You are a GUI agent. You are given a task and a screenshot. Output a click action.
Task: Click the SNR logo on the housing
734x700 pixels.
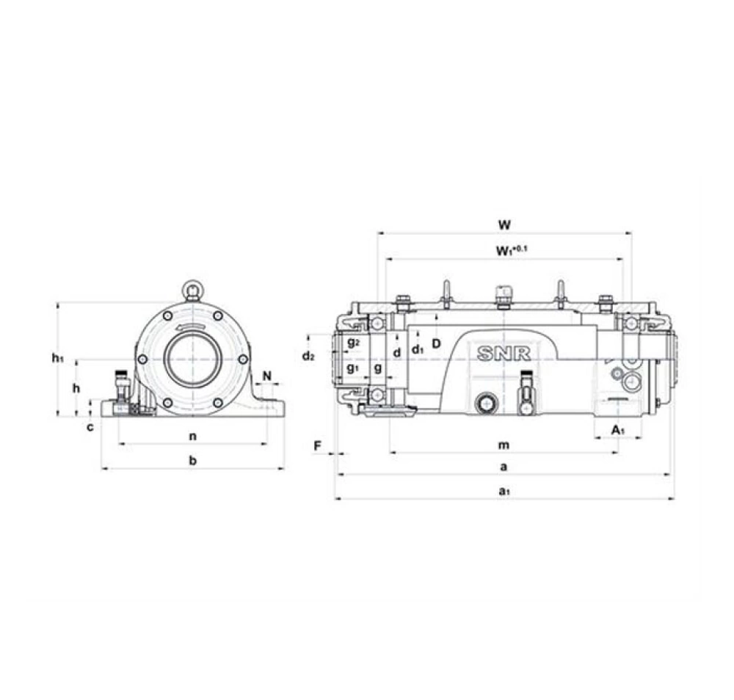pyautogui.click(x=504, y=354)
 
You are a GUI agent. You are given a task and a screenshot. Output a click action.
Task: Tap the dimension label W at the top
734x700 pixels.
pyautogui.click(x=504, y=225)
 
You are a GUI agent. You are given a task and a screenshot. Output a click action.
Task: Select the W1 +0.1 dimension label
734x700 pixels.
pyautogui.click(x=511, y=250)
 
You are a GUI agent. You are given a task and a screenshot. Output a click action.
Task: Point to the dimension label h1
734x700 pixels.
pyautogui.click(x=57, y=358)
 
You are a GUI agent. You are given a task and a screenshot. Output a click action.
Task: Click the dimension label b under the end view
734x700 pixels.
pyautogui.click(x=193, y=460)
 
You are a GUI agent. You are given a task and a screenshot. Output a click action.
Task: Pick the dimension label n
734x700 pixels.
pyautogui.click(x=192, y=437)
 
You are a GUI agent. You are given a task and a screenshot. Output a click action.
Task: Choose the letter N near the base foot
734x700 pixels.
pyautogui.click(x=267, y=376)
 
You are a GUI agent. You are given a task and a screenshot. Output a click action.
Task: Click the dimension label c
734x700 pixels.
pyautogui.click(x=90, y=427)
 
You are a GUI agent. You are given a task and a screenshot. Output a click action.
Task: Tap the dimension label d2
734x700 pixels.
pyautogui.click(x=308, y=356)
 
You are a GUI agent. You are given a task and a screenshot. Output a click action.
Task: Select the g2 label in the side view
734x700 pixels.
pyautogui.click(x=354, y=343)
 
